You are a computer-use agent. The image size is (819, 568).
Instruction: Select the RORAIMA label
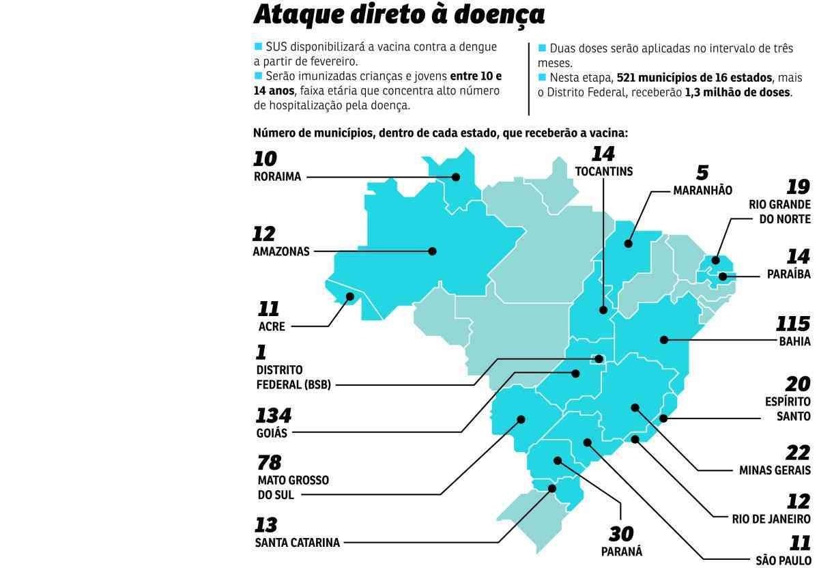click(x=277, y=177)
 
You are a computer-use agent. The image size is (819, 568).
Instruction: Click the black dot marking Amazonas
click(x=432, y=251)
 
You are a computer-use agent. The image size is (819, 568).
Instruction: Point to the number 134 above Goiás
click(x=273, y=415)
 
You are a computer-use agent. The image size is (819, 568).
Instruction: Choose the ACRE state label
click(x=272, y=326)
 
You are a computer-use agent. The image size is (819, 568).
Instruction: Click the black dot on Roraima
click(x=455, y=177)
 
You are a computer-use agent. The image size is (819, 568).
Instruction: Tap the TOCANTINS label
click(x=604, y=171)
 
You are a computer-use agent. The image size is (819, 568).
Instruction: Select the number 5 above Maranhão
click(x=702, y=172)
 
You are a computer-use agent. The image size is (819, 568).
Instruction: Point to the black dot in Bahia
click(x=663, y=339)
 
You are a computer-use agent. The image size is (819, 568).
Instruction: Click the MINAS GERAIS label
click(x=775, y=470)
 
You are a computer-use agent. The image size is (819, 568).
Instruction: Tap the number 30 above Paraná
click(x=621, y=533)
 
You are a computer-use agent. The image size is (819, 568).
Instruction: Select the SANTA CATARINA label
click(x=297, y=543)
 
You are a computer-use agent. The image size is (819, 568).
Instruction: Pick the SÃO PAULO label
click(x=783, y=560)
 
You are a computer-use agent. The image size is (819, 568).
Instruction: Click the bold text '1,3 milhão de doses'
click(x=738, y=92)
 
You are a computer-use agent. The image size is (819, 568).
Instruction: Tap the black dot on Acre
click(x=350, y=296)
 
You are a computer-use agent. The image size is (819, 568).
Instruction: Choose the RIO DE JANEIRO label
click(x=768, y=519)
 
